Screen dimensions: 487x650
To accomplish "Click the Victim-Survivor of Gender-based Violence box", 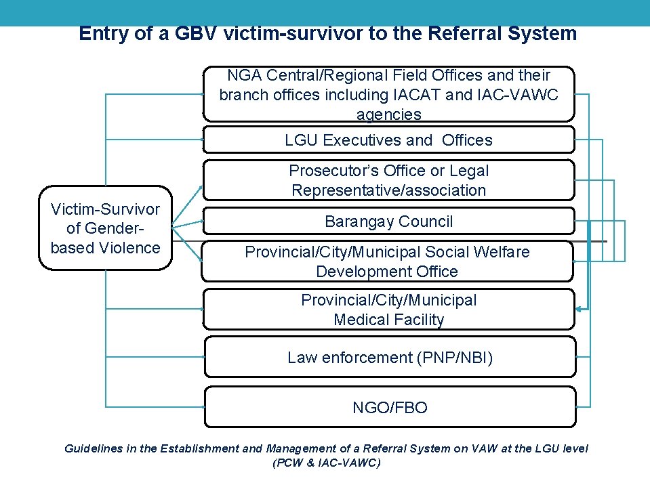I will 105,228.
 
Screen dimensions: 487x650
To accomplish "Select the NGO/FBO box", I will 390,407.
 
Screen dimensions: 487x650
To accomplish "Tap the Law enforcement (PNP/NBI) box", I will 390,357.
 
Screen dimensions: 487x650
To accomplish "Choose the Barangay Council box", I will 388,221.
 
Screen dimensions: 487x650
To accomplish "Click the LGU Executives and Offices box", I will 388,140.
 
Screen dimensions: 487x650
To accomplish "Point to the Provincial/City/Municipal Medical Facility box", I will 388,310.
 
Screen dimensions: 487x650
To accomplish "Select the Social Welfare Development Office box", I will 387,261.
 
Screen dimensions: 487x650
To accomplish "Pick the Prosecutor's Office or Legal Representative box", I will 388,180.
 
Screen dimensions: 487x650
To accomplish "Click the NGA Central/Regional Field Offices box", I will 388,94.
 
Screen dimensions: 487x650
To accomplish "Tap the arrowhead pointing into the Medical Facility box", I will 580,309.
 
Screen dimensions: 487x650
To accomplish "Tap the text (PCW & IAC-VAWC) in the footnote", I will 326,463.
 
